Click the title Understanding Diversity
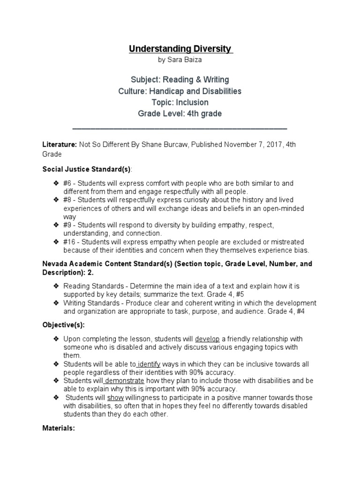pyautogui.click(x=180, y=49)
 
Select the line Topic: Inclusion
pyautogui.click(x=180, y=102)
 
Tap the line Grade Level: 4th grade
pyautogui.click(x=180, y=113)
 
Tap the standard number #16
pyautogui.click(x=71, y=241)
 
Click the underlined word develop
pyautogui.click(x=207, y=339)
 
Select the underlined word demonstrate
pyautogui.click(x=124, y=380)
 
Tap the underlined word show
pyautogui.click(x=115, y=397)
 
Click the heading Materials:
pyautogui.click(x=59, y=428)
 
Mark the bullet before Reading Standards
pyautogui.click(x=56, y=286)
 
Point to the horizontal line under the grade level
pyautogui.click(x=180, y=128)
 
